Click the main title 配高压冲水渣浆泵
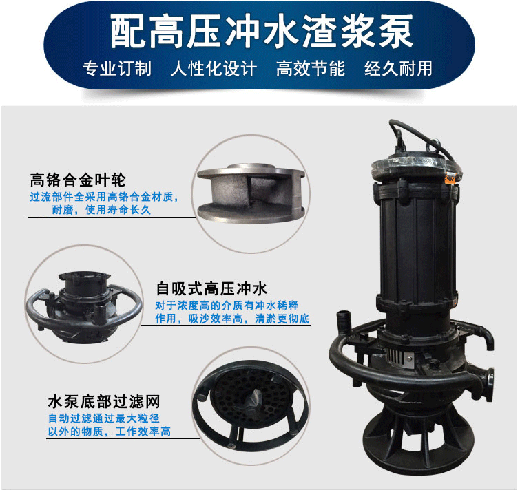pyautogui.click(x=262, y=32)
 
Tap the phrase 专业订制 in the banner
pyautogui.click(x=117, y=69)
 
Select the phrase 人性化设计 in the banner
pyautogui.click(x=214, y=69)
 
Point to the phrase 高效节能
pyautogui.click(x=311, y=69)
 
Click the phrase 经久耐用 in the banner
pyautogui.click(x=398, y=69)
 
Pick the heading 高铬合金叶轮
pyautogui.click(x=78, y=180)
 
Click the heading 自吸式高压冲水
pyautogui.click(x=211, y=288)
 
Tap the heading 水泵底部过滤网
pyautogui.click(x=104, y=401)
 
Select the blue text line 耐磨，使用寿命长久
pyautogui.click(x=101, y=210)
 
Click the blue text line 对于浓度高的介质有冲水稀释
pyautogui.click(x=227, y=306)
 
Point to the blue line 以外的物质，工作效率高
pyautogui.click(x=110, y=432)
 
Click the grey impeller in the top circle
pyautogui.click(x=251, y=193)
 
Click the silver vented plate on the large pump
pyautogui.click(x=399, y=358)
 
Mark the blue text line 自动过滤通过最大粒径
pyautogui.click(x=104, y=418)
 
